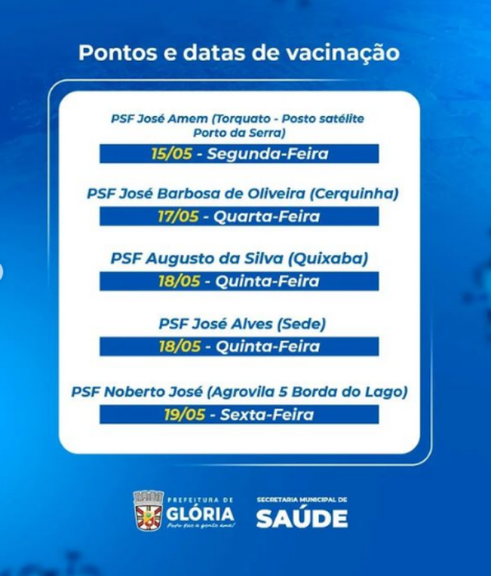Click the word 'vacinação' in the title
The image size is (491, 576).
click(x=343, y=53)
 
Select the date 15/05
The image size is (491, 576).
click(x=171, y=154)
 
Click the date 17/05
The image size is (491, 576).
click(x=178, y=217)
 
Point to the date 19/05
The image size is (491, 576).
click(x=185, y=415)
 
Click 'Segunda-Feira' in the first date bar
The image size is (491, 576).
click(x=268, y=154)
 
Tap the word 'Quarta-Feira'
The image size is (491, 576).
click(x=267, y=217)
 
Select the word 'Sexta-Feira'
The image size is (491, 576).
click(x=267, y=415)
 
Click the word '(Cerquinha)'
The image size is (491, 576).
click(x=354, y=193)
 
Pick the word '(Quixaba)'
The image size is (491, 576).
click(x=328, y=259)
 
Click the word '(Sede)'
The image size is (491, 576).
click(x=301, y=324)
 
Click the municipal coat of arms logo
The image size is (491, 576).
click(x=148, y=511)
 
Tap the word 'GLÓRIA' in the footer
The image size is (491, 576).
click(x=200, y=514)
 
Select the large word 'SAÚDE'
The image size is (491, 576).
click(x=302, y=518)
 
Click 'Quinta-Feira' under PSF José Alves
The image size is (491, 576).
click(x=268, y=346)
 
